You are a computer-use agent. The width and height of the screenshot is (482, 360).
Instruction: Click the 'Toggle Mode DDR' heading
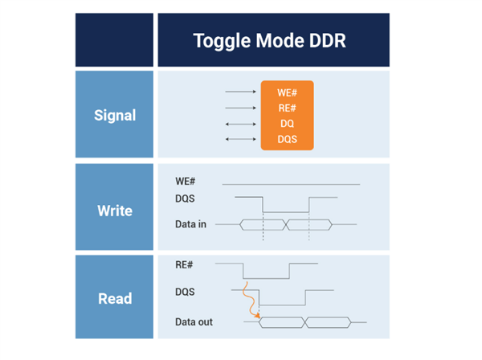point(270,41)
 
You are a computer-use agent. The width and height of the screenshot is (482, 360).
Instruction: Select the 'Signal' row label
point(115,116)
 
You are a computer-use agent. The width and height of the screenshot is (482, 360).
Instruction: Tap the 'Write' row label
point(115,211)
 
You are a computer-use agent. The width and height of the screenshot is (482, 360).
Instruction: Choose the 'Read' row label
point(115,298)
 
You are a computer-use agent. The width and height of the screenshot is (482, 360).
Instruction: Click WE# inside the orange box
point(287,93)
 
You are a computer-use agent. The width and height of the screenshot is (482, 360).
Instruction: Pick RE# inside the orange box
point(287,108)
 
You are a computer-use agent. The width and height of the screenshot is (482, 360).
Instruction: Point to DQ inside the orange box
point(287,124)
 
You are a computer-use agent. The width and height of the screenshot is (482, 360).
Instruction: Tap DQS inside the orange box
point(287,139)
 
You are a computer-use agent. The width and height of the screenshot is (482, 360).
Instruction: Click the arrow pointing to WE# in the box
point(241,92)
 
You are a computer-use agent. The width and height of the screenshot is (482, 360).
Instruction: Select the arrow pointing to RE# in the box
point(241,108)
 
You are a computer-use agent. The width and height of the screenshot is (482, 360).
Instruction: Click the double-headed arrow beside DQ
point(241,125)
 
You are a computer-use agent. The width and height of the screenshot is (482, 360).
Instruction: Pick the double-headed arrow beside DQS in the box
point(241,139)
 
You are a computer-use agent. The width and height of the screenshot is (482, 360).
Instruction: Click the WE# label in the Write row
point(185,182)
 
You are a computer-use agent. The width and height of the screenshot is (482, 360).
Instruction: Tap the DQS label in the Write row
point(185,198)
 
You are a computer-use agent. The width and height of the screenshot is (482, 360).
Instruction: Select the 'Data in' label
point(190,224)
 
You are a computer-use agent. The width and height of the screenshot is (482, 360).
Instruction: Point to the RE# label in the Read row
point(184,264)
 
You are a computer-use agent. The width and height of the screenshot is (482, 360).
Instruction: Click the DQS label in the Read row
point(185,292)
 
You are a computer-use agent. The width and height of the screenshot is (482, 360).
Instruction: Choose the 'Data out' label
point(194,322)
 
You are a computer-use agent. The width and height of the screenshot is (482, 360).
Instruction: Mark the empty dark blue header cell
point(114,40)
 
